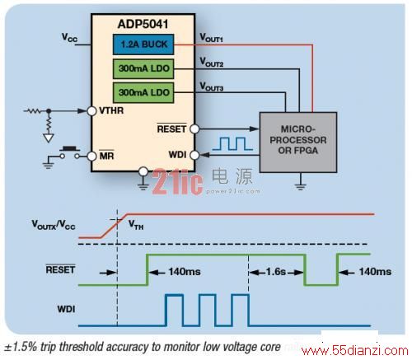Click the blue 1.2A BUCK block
(143, 44)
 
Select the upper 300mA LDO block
(143, 68)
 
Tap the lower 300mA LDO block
(143, 92)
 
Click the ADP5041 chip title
(143, 24)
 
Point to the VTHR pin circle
(91, 111)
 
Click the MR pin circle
(91, 157)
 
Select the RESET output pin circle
(194, 129)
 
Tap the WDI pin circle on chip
(194, 155)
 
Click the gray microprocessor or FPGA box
(298, 143)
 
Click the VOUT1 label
(211, 38)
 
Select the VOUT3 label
(211, 86)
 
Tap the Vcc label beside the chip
(69, 38)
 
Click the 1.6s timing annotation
(276, 272)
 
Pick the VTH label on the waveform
(136, 225)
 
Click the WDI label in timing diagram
(66, 309)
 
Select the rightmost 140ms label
(375, 272)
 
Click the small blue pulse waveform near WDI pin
(232, 143)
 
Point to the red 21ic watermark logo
(177, 182)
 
